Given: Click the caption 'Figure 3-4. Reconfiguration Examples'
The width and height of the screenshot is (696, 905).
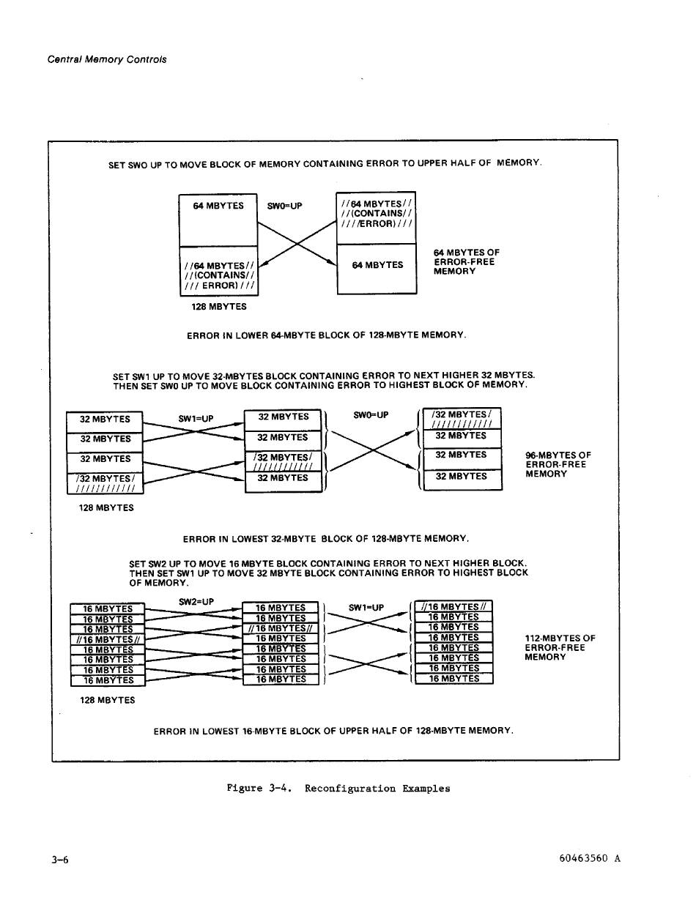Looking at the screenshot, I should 338,789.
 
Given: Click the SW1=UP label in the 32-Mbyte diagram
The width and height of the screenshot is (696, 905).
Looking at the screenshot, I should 196,419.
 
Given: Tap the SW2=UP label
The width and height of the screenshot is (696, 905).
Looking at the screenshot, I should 196,602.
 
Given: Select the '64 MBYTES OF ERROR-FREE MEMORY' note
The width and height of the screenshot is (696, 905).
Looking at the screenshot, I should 466,262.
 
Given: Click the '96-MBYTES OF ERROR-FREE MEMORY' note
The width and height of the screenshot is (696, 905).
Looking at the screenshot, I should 558,464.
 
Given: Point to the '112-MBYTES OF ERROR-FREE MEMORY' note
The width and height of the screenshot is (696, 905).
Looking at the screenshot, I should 560,647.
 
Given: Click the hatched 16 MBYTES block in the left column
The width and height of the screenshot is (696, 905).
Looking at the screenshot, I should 108,639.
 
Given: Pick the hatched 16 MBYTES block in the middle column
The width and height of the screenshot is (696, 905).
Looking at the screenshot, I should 280,628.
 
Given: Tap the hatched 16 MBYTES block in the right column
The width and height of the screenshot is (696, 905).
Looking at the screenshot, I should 453,606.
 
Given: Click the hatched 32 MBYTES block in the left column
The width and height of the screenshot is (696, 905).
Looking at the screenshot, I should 105,483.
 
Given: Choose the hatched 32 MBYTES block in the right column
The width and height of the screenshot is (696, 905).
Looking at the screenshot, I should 462,419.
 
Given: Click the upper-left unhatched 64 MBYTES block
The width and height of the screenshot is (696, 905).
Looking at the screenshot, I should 218,219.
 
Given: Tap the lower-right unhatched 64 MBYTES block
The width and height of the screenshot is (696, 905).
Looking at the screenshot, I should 377,269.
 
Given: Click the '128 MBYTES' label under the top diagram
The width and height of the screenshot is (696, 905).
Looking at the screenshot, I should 219,307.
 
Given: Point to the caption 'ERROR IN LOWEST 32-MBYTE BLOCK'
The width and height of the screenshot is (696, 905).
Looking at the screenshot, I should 325,539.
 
